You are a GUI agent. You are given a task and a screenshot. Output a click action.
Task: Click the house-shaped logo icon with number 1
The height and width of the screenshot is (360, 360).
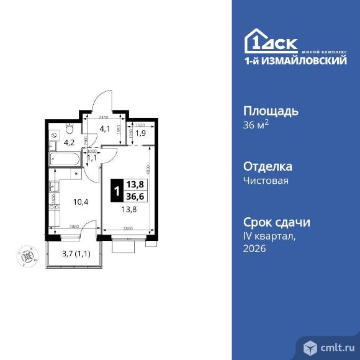[256, 42]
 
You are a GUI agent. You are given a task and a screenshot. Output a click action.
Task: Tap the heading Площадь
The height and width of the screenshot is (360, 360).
[271, 111]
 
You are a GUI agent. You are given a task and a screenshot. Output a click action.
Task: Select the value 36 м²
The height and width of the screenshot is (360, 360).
[255, 125]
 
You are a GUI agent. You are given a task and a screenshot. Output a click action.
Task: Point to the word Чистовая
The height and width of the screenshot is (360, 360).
[266, 181]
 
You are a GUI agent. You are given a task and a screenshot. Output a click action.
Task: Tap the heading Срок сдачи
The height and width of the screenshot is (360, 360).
[276, 222]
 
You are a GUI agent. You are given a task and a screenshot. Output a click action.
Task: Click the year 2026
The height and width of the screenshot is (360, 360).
[254, 248]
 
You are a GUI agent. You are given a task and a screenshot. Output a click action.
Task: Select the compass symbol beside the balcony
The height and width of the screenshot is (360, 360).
[28, 254]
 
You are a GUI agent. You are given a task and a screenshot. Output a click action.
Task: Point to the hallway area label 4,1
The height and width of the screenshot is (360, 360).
[105, 130]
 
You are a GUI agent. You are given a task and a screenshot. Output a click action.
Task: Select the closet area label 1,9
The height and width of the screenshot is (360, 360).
[140, 132]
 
